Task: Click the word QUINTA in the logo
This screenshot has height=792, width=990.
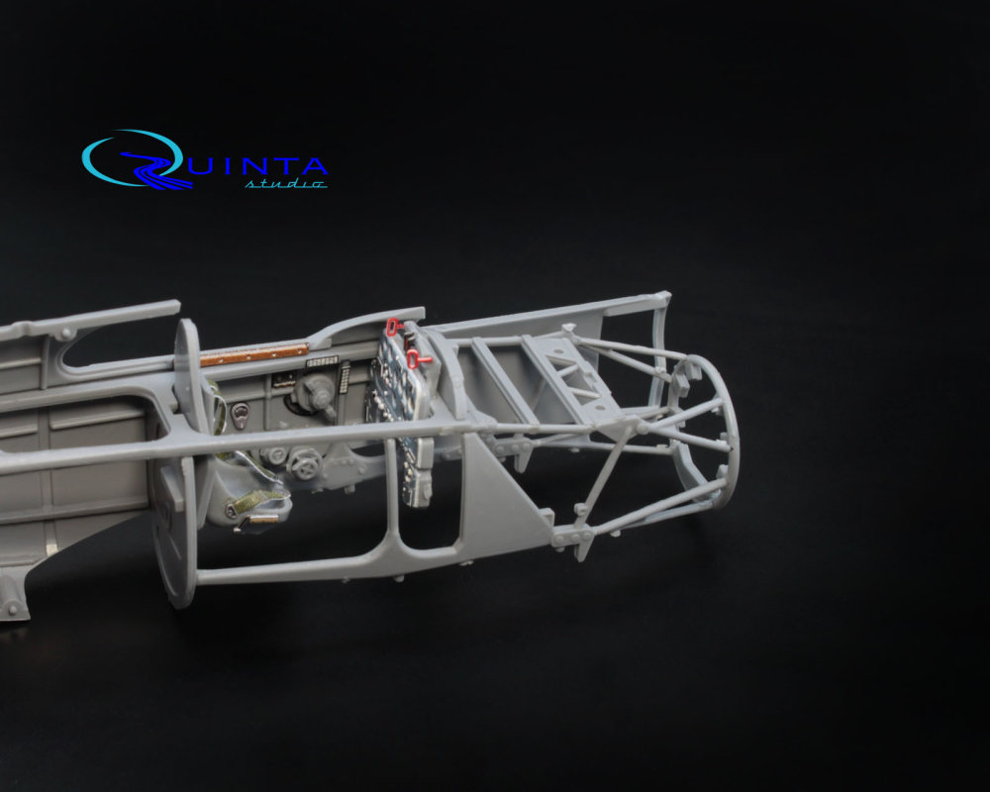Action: pyautogui.click(x=252, y=165)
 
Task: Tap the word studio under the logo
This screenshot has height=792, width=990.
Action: pyautogui.click(x=285, y=183)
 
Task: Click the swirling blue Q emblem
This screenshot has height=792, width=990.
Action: pyautogui.click(x=136, y=159)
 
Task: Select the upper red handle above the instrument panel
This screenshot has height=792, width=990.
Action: pyautogui.click(x=394, y=326)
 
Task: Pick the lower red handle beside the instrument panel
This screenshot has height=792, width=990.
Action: pyautogui.click(x=417, y=359)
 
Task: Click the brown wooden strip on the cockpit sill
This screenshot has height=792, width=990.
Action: pyautogui.click(x=253, y=355)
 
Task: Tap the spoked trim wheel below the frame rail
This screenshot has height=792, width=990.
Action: pyautogui.click(x=306, y=464)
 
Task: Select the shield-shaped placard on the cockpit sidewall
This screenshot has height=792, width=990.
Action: pyautogui.click(x=240, y=415)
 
